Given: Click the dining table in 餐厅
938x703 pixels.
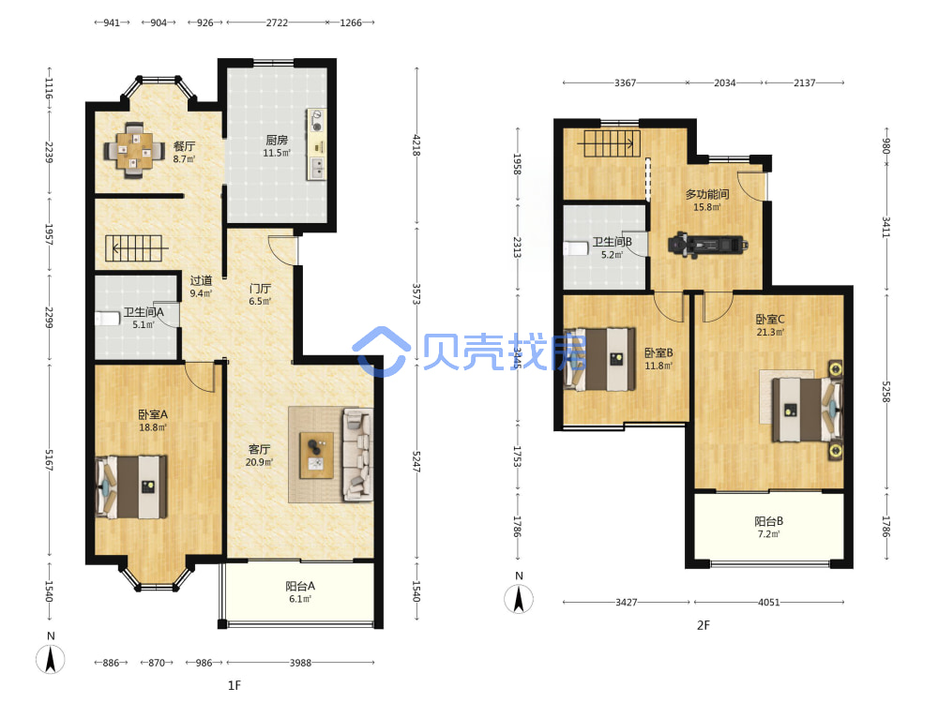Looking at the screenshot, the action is pyautogui.click(x=134, y=150).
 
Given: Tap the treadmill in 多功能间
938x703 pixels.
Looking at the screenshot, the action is pyautogui.click(x=707, y=245).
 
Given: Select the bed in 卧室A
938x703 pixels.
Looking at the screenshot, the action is pyautogui.click(x=131, y=487).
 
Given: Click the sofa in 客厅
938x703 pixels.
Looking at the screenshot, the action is pyautogui.click(x=357, y=455).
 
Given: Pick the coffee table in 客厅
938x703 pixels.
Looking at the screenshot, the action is pyautogui.click(x=317, y=455).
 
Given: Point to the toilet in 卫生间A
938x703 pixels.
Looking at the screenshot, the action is pyautogui.click(x=107, y=318).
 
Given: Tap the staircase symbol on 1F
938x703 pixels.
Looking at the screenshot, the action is pyautogui.click(x=134, y=248).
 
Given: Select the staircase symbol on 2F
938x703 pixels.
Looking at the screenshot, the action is pyautogui.click(x=612, y=143).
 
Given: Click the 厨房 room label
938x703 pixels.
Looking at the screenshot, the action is pyautogui.click(x=277, y=140).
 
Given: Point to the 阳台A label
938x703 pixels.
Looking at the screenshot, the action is pyautogui.click(x=300, y=586).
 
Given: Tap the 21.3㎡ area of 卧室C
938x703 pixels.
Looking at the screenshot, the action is pyautogui.click(x=770, y=333).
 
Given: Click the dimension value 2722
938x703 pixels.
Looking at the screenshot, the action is pyautogui.click(x=277, y=22).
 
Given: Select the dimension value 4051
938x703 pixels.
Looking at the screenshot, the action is pyautogui.click(x=769, y=602).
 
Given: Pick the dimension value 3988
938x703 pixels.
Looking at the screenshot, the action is pyautogui.click(x=300, y=663).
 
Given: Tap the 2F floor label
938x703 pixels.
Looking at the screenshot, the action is pyautogui.click(x=703, y=625).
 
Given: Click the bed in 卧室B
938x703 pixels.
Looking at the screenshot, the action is pyautogui.click(x=600, y=359).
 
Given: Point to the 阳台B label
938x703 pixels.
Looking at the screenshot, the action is pyautogui.click(x=769, y=521).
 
